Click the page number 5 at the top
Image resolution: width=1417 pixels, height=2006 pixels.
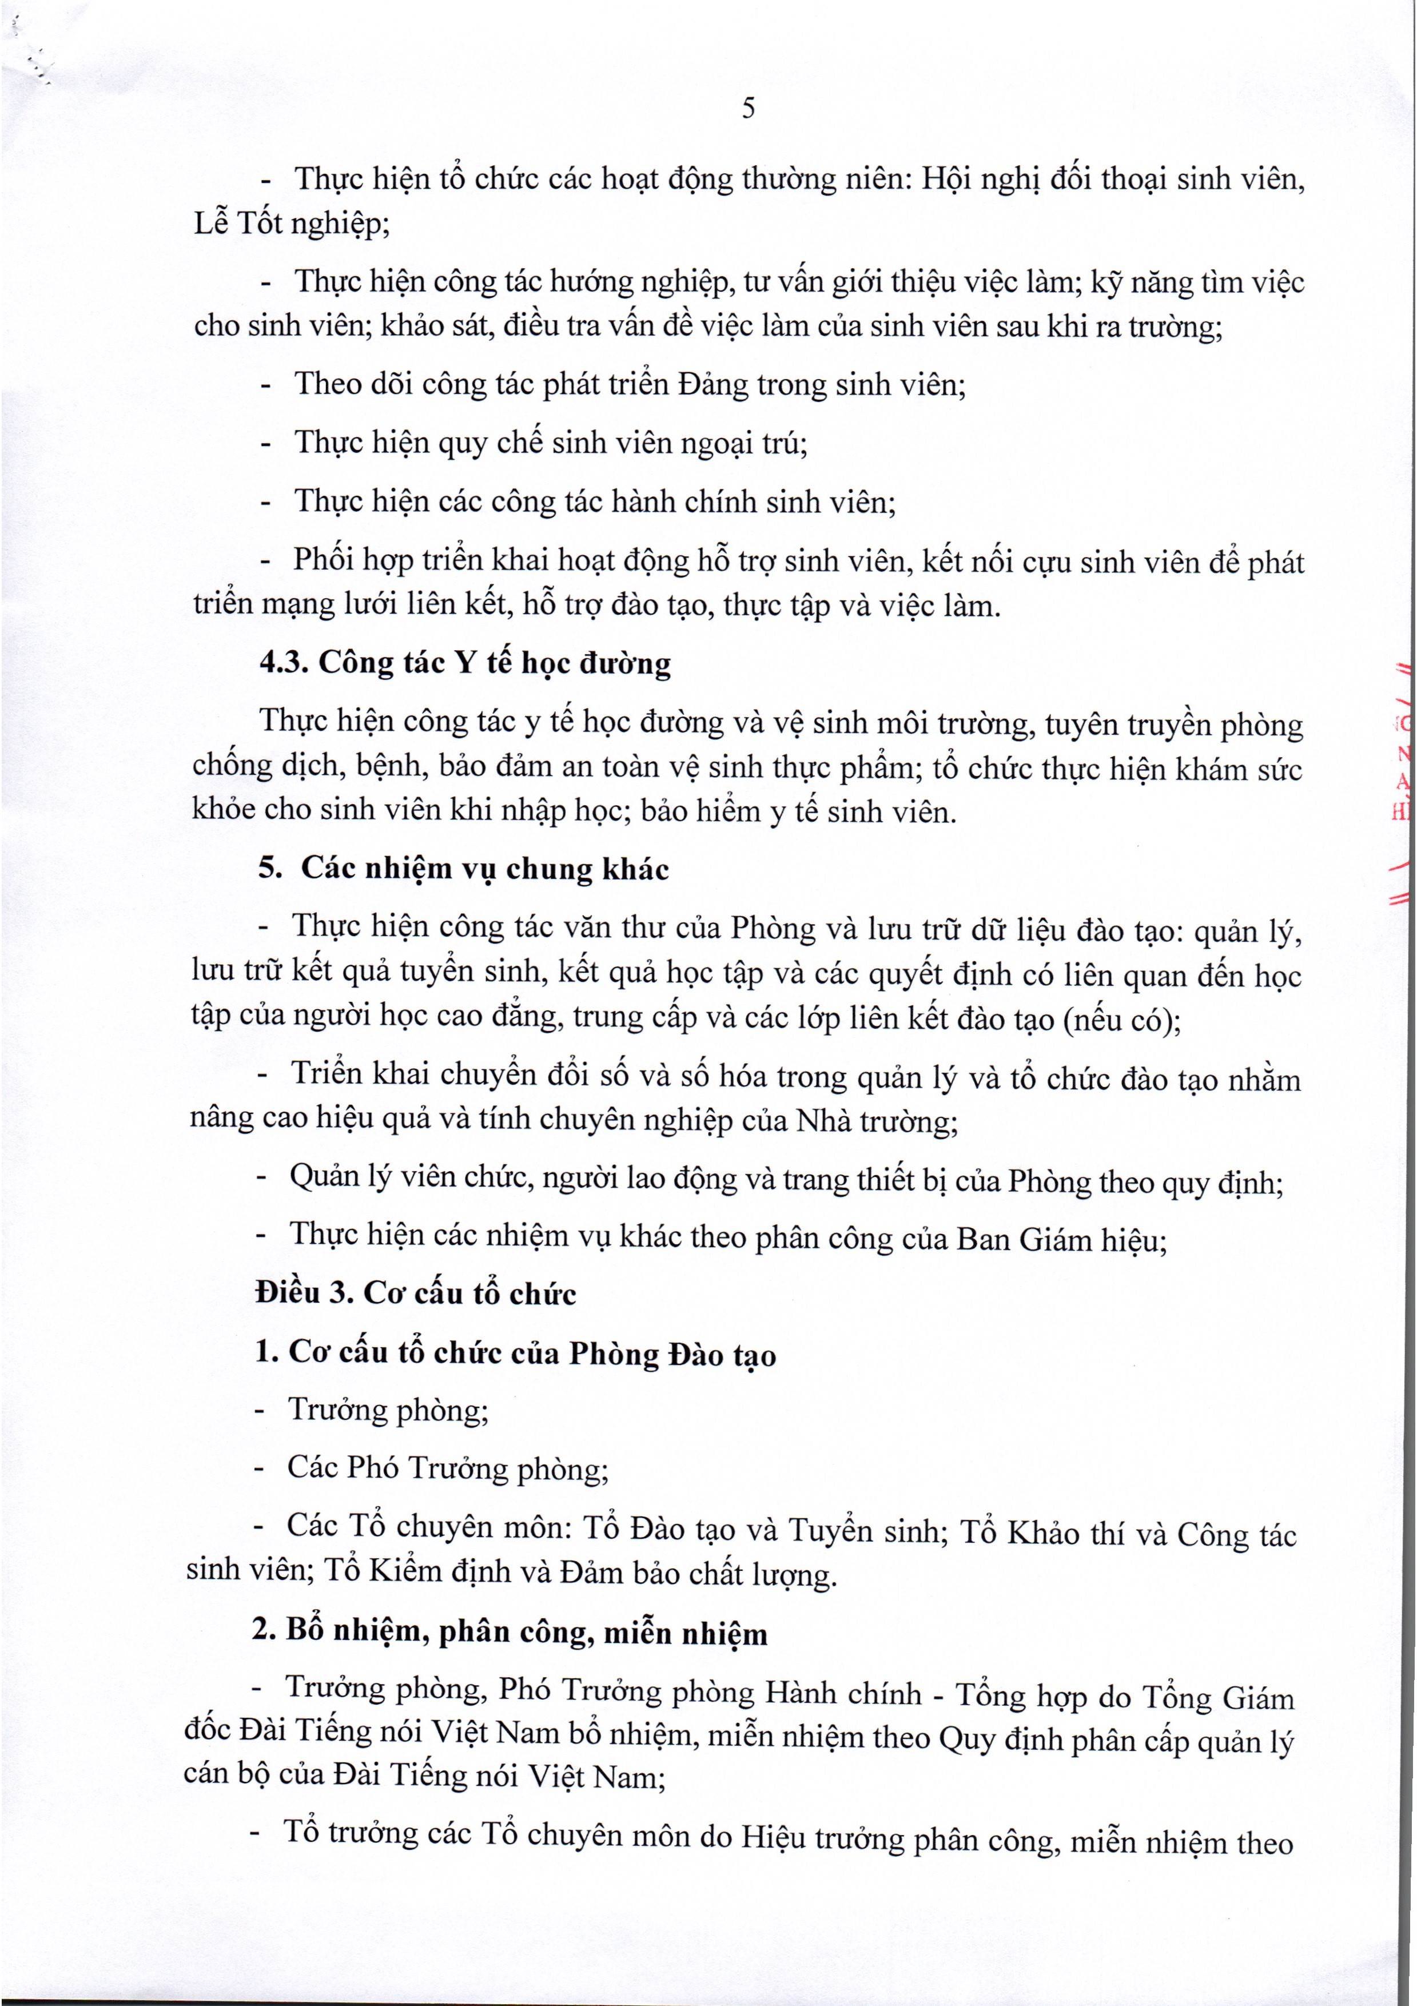(748, 108)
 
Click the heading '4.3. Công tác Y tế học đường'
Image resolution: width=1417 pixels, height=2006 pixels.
(465, 663)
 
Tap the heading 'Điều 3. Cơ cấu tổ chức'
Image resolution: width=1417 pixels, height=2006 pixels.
(415, 1292)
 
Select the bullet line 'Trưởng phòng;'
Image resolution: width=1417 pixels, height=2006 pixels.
(388, 1409)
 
